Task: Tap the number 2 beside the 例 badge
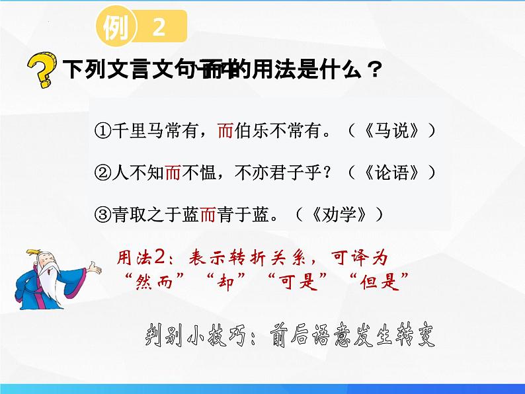[x=158, y=28]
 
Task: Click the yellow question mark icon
[x=40, y=71]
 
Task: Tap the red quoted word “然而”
[x=151, y=278]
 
